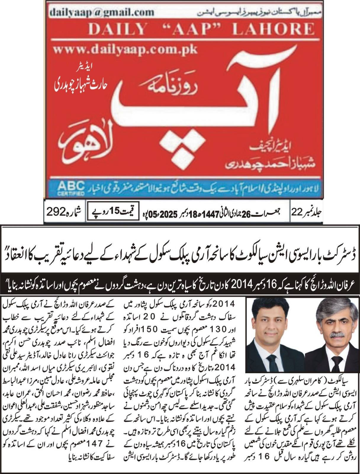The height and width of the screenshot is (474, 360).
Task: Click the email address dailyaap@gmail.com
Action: click(102, 12)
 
